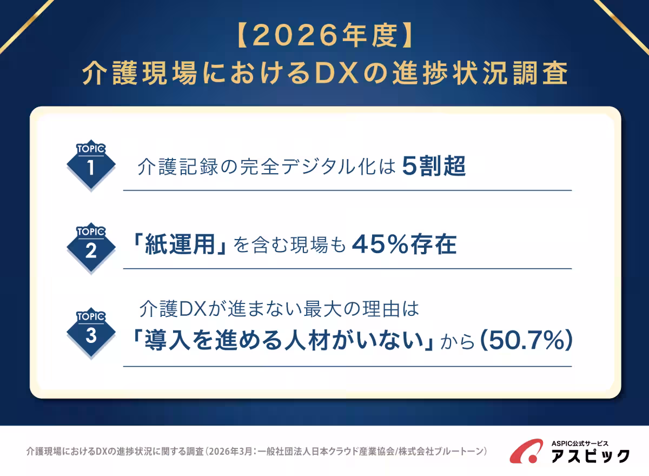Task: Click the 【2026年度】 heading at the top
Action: tap(325, 38)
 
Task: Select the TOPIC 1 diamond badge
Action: tap(91, 166)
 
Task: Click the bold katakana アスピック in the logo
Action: tap(590, 455)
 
